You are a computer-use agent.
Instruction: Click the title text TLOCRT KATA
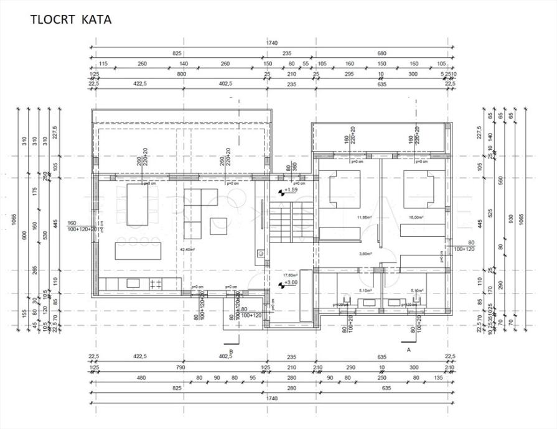(x=71, y=19)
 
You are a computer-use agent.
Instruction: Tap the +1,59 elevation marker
(x=291, y=191)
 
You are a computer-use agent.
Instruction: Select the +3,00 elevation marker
(x=290, y=283)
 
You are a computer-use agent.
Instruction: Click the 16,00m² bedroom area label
(x=416, y=218)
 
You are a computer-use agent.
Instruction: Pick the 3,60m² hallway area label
(x=365, y=254)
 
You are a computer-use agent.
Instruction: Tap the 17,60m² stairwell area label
(x=290, y=274)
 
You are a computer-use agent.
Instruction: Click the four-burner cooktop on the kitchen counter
(x=156, y=284)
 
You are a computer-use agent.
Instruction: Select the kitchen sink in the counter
(x=133, y=284)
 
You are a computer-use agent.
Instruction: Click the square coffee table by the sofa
(x=218, y=226)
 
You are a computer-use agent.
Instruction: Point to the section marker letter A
(x=409, y=350)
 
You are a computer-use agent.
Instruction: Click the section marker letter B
(x=231, y=351)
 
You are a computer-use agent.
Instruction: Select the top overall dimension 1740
(x=271, y=43)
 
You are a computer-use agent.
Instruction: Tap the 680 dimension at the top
(x=381, y=53)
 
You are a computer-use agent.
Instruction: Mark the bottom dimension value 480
(x=141, y=377)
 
